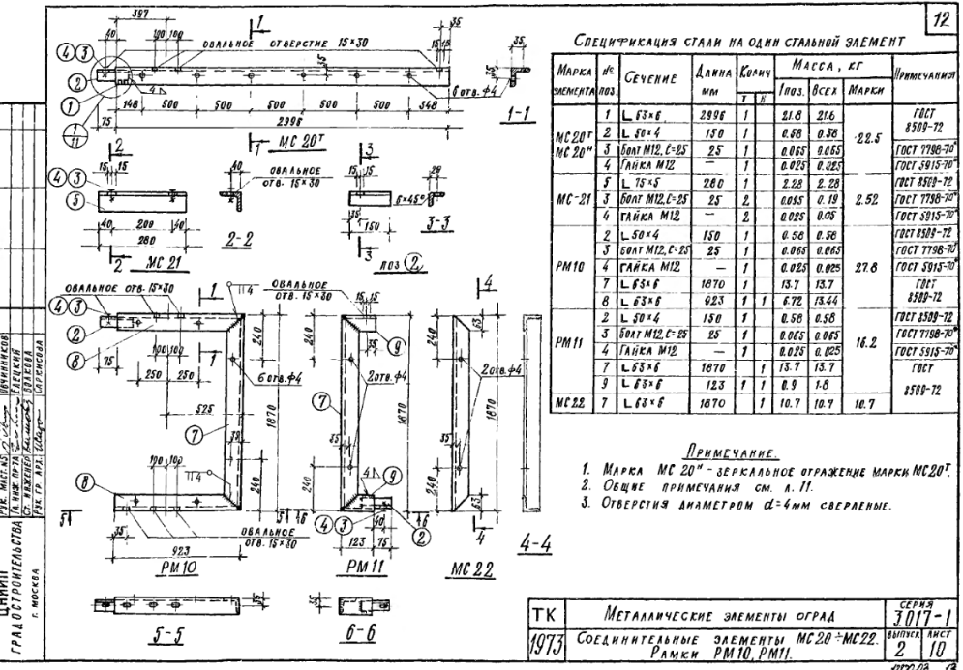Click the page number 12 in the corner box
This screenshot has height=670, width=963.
(945, 18)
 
